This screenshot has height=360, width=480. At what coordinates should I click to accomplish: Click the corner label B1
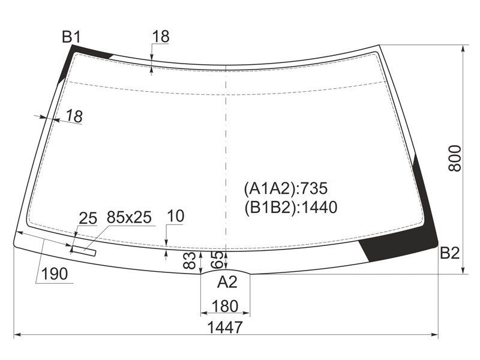click(71, 37)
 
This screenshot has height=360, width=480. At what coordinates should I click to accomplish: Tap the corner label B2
click(449, 253)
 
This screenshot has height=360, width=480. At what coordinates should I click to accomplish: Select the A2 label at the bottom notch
click(227, 282)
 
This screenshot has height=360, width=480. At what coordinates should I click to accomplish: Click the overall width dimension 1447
click(225, 327)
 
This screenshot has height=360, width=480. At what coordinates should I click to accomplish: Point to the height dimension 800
click(455, 158)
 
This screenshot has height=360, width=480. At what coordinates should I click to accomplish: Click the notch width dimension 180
click(224, 306)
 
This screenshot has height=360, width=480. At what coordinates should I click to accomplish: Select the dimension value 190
click(55, 274)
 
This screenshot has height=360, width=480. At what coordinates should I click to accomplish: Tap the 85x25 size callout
click(129, 217)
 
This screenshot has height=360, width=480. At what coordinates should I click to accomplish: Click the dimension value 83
click(189, 260)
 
